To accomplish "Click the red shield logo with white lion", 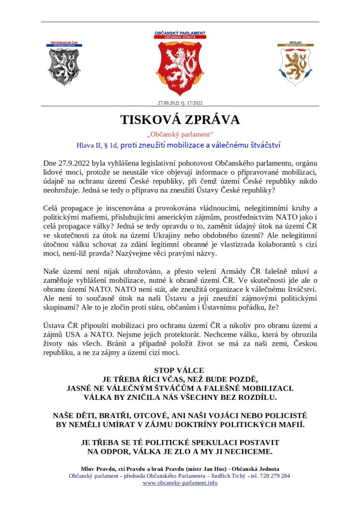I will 180,68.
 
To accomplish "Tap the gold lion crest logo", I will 295,67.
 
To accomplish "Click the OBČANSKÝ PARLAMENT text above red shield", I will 180,33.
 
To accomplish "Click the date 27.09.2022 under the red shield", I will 168,103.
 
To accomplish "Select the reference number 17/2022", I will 194,103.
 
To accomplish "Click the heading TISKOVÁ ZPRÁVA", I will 180,120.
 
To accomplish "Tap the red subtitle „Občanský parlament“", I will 180,135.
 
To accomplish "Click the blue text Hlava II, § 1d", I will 96,145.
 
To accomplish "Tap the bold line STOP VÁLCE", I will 179,370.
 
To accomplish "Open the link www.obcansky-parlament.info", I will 180,483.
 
